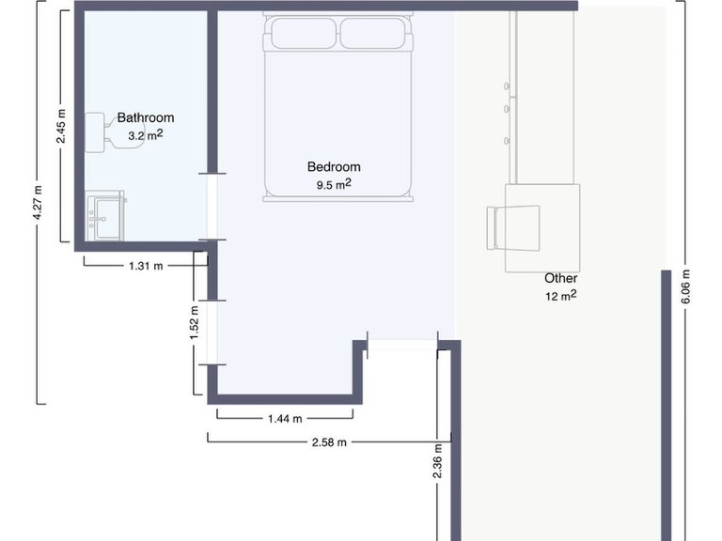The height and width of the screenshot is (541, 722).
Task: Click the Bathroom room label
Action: point(145,118)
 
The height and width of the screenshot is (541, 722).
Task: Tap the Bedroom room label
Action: point(334,167)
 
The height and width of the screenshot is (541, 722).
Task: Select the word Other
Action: point(560,279)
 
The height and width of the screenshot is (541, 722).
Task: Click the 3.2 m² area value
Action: point(146,135)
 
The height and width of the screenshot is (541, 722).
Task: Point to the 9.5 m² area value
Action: point(334,184)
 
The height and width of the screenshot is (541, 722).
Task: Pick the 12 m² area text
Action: point(560,296)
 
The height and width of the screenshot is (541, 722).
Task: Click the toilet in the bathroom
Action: point(99,131)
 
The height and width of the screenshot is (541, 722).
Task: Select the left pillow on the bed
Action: point(303,36)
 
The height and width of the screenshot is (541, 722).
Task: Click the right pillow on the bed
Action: point(374,36)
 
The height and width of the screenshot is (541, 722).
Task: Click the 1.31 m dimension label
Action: point(146,266)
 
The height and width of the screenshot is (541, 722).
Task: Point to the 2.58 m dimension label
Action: point(328,441)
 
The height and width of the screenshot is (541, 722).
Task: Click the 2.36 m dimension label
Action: point(439,461)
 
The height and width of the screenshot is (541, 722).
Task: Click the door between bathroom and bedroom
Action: point(213,205)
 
